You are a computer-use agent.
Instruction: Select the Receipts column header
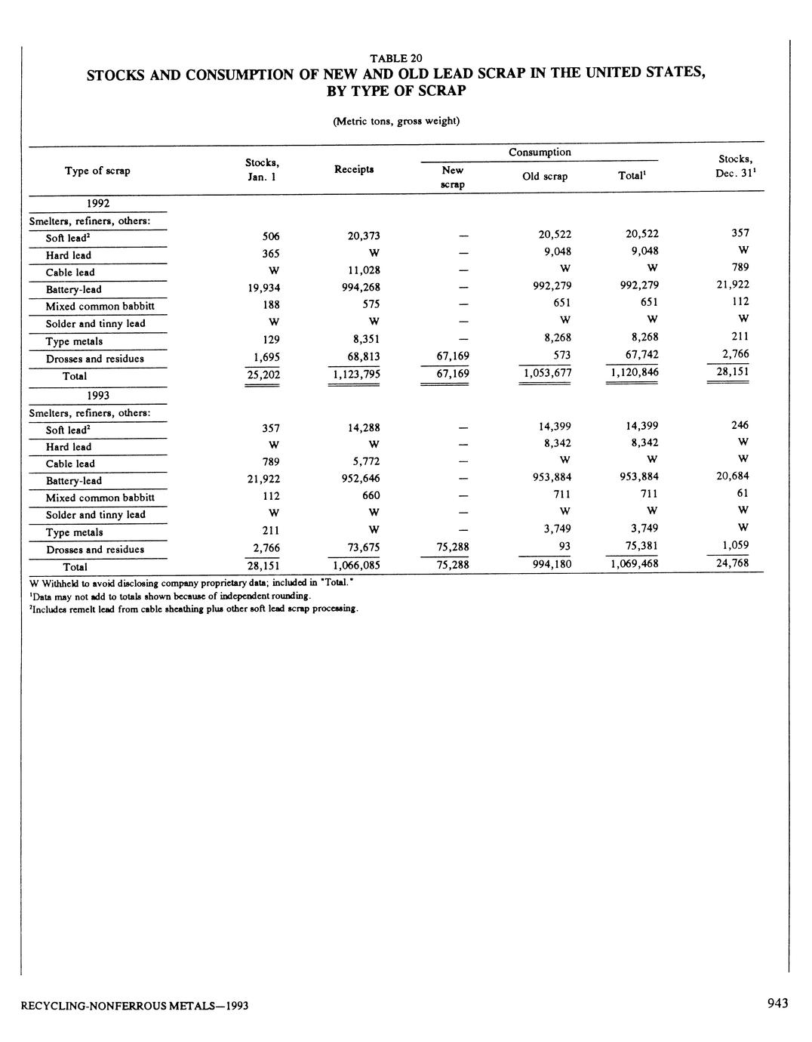tap(353, 169)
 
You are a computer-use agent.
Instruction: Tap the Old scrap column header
tap(545, 177)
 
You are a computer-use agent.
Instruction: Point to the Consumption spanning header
tap(540, 153)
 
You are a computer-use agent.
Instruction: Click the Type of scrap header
tap(97, 171)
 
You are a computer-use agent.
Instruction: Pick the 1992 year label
tap(97, 203)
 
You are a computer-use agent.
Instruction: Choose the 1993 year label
tap(97, 395)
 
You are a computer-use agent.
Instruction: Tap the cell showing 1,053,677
tap(547, 373)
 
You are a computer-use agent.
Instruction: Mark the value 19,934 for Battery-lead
tap(263, 287)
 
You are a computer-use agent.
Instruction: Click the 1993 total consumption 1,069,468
tap(633, 564)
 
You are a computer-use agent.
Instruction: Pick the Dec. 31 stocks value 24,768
tap(732, 562)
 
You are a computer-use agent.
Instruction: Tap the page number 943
tap(777, 1003)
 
